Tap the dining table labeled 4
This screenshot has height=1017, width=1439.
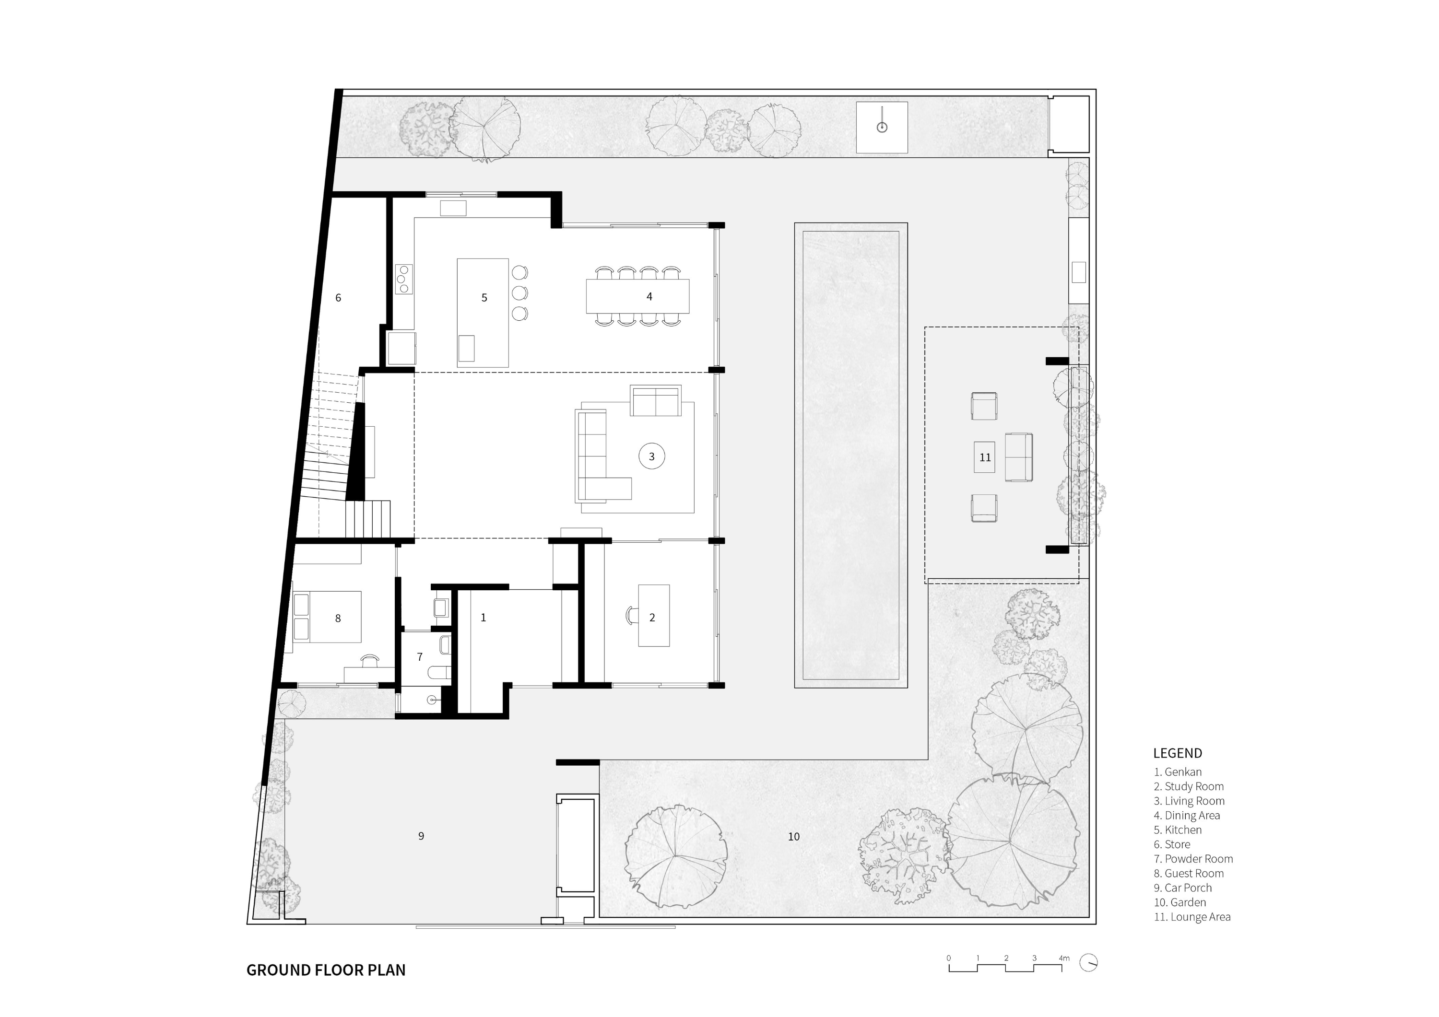(x=637, y=296)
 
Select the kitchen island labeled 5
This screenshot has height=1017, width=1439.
(x=483, y=313)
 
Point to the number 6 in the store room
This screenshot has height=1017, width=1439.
(x=338, y=298)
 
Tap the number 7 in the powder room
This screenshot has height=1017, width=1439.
(x=419, y=657)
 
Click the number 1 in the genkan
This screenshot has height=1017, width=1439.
(x=483, y=617)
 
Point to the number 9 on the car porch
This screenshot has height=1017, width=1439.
(x=421, y=836)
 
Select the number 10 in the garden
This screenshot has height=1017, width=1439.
(x=793, y=837)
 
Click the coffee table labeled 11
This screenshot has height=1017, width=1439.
(x=985, y=457)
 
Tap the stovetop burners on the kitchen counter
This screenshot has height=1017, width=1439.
(x=403, y=279)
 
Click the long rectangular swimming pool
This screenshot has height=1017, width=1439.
(x=850, y=455)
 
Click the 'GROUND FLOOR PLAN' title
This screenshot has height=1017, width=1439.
(x=326, y=970)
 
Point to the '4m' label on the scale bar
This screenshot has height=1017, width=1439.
(x=1064, y=958)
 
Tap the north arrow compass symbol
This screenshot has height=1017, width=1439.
(x=1089, y=962)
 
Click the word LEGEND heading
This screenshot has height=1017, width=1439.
(x=1178, y=753)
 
